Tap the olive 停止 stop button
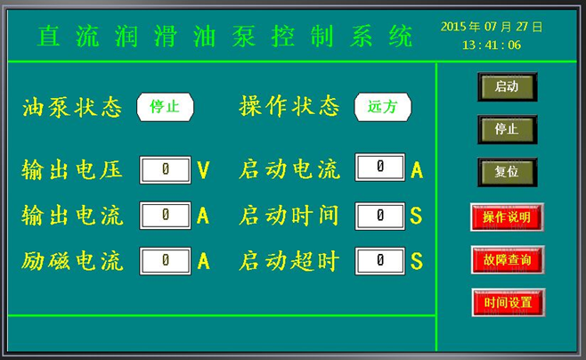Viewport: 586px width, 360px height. [507, 129]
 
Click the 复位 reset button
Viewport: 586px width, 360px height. [507, 172]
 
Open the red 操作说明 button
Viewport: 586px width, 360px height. [507, 217]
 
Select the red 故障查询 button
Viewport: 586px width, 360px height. [508, 260]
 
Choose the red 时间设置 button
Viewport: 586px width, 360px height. [509, 302]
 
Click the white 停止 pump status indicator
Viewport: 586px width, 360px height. [165, 107]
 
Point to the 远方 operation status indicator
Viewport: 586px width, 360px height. [383, 107]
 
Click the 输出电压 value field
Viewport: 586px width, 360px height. [165, 170]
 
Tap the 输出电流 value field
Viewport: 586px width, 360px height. [165, 216]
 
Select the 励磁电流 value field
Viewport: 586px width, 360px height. [165, 261]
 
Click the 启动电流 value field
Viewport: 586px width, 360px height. [379, 168]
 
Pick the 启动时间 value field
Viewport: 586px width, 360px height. [379, 216]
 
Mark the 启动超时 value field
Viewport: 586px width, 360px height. [379, 261]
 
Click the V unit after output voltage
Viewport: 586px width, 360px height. [204, 170]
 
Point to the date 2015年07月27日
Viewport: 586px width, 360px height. [492, 27]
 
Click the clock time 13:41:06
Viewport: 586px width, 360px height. [492, 45]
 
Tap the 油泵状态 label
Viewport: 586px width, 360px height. [72, 108]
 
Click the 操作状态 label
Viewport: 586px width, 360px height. [289, 106]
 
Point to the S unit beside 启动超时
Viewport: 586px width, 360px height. [416, 261]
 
